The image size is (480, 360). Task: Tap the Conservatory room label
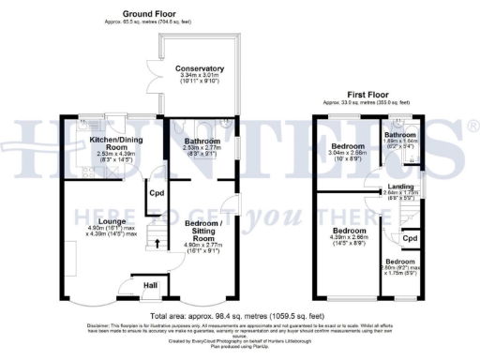coord(199,68)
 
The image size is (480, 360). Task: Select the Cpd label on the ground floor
coord(156,195)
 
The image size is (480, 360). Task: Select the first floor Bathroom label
coord(400,135)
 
